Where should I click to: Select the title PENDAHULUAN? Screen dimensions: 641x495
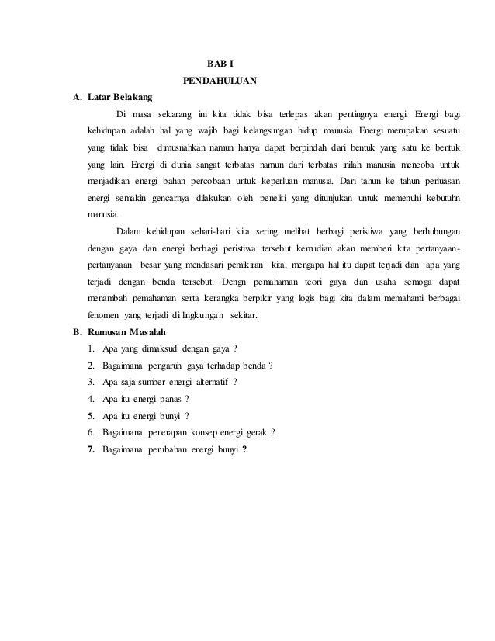[x=220, y=80]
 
